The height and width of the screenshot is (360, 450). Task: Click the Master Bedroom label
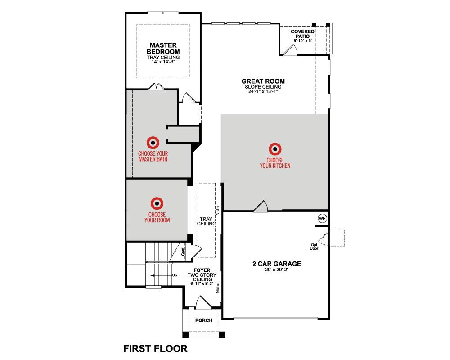[163, 49]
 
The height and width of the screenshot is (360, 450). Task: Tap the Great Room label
[263, 81]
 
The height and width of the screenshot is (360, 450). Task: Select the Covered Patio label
[303, 34]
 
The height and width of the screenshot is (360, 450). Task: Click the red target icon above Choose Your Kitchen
[275, 149]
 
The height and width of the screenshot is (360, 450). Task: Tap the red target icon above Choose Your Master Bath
[153, 142]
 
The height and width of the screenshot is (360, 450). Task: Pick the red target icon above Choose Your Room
[157, 203]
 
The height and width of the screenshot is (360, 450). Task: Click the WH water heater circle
[322, 219]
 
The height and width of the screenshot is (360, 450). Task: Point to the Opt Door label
[314, 247]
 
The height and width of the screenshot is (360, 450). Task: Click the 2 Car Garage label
[277, 264]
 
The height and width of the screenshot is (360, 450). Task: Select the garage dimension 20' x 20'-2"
[277, 270]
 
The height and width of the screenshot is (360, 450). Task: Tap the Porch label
[204, 320]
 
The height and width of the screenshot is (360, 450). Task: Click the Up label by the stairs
[175, 275]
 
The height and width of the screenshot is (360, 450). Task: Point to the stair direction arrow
[161, 275]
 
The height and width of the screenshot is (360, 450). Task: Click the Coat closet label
[183, 252]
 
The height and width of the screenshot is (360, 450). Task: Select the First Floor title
[155, 348]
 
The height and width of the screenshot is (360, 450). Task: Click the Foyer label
[202, 270]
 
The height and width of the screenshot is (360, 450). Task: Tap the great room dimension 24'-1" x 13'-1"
[263, 92]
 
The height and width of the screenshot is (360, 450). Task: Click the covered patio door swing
[291, 49]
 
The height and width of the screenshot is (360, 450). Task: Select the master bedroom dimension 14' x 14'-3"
[163, 62]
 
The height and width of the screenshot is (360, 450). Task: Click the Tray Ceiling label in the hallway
[207, 221]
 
